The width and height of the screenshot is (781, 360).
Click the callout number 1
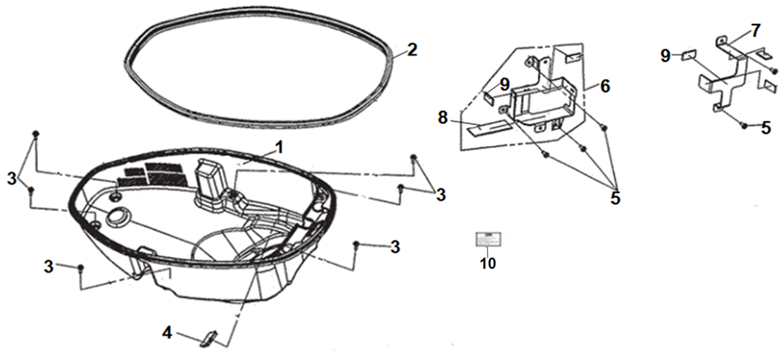pos(279,147)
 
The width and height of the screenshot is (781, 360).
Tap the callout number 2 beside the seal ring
pos(412,50)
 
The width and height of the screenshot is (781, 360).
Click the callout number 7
pos(755,31)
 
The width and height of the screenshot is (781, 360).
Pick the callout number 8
pos(442,118)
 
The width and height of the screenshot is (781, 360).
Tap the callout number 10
pos(487,263)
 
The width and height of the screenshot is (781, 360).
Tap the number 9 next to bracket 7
pos(666,55)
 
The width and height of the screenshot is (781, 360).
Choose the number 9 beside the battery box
pos(504,84)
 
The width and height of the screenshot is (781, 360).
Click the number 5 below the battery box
pos(615,198)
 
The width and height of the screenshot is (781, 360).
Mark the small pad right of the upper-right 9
pos(689,54)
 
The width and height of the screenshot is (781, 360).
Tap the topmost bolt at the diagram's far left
pos(37,133)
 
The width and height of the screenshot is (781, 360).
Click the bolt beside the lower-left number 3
pos(82,268)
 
